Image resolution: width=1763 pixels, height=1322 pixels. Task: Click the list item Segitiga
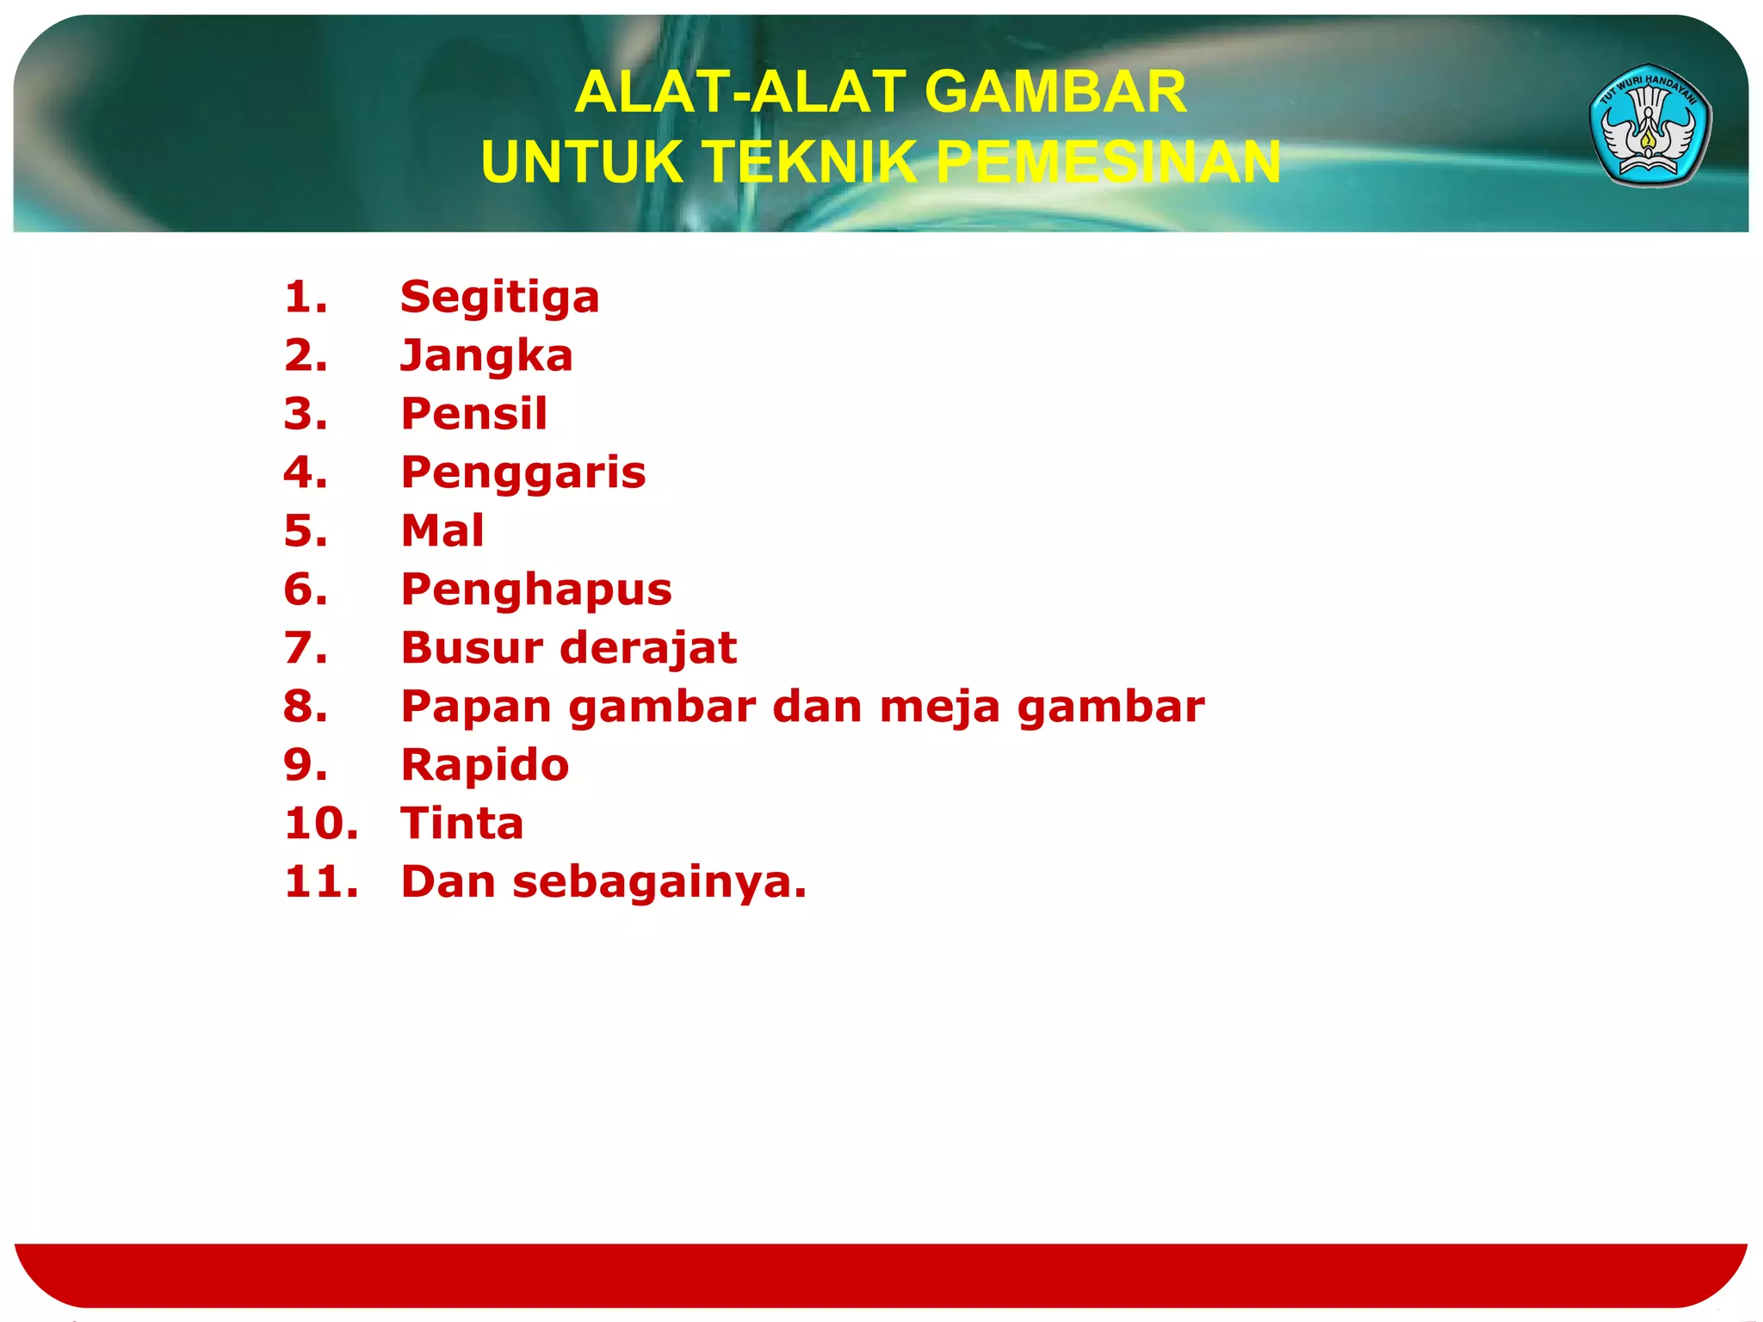pos(499,298)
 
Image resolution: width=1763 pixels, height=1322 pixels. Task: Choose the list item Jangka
pos(486,356)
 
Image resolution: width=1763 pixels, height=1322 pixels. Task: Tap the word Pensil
pos(473,413)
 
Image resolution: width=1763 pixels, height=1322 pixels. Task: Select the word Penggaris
pos(523,473)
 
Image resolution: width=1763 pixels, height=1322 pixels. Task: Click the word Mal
pos(442,530)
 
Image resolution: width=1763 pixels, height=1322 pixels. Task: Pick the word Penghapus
pos(535,590)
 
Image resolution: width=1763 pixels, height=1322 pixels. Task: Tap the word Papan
pos(475,707)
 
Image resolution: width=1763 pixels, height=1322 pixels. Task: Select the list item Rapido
pos(485,765)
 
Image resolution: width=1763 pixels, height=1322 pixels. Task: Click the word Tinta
pos(462,824)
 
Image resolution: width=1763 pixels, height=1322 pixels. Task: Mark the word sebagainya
pos(659,883)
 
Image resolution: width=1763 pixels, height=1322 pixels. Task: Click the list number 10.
pos(320,824)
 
